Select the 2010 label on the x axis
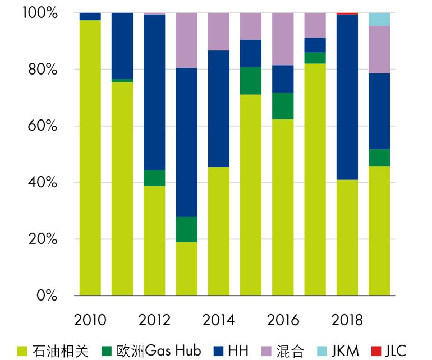(x=90, y=320)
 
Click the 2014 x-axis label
(x=218, y=320)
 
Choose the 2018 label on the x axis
(x=347, y=320)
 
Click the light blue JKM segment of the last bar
(x=379, y=19)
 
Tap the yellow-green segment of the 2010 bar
(x=90, y=158)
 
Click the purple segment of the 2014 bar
(x=218, y=31)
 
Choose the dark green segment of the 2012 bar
(x=154, y=178)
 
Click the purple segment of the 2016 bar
(x=283, y=39)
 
